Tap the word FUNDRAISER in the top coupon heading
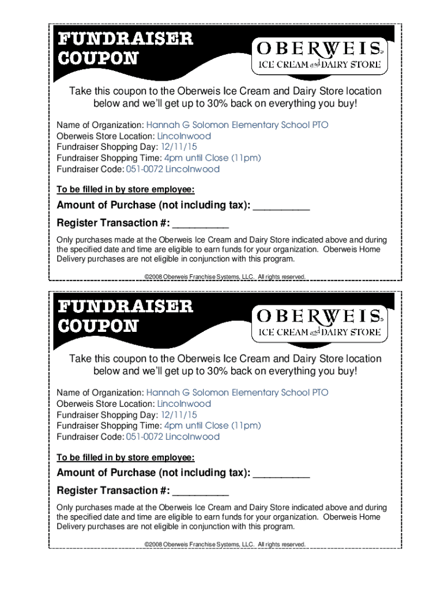coord(125,39)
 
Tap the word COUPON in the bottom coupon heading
coord(97,326)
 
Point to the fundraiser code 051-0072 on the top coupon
coord(144,169)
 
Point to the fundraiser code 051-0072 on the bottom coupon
coord(144,437)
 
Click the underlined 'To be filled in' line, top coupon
coord(125,190)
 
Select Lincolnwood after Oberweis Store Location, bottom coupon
coord(184,404)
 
